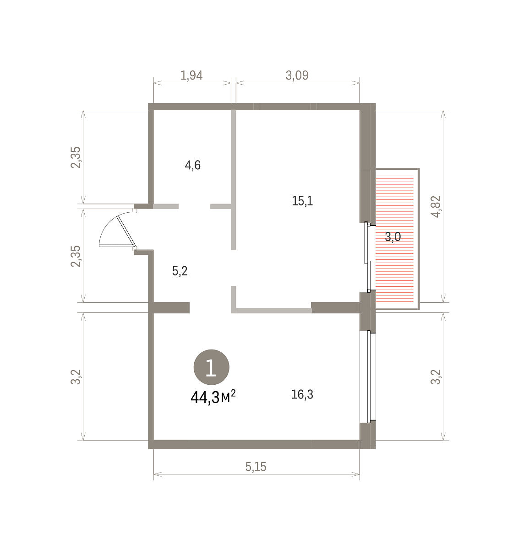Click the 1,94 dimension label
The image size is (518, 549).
pyautogui.click(x=191, y=75)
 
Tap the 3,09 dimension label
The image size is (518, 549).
pyautogui.click(x=297, y=75)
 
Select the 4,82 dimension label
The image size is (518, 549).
pyautogui.click(x=436, y=206)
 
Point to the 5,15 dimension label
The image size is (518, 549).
pyautogui.click(x=256, y=467)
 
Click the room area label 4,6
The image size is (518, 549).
pyautogui.click(x=193, y=165)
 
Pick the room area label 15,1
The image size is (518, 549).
pyautogui.click(x=302, y=201)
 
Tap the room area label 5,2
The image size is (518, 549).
pyautogui.click(x=180, y=271)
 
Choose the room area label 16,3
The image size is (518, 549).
pyautogui.click(x=302, y=394)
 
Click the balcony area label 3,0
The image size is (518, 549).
pyautogui.click(x=393, y=237)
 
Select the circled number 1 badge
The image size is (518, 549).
pyautogui.click(x=211, y=367)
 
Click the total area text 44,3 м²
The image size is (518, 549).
pyautogui.click(x=213, y=398)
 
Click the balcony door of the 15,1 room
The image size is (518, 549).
pyautogui.click(x=367, y=257)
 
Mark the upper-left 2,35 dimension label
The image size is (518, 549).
pyautogui.click(x=76, y=157)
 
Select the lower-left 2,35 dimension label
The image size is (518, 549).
pyautogui.click(x=76, y=256)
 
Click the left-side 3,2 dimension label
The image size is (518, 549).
pyautogui.click(x=76, y=377)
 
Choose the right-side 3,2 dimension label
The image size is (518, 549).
pyautogui.click(x=436, y=377)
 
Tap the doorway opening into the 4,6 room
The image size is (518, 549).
pyautogui.click(x=194, y=206)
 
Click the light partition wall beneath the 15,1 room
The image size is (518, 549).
pyautogui.click(x=274, y=311)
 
